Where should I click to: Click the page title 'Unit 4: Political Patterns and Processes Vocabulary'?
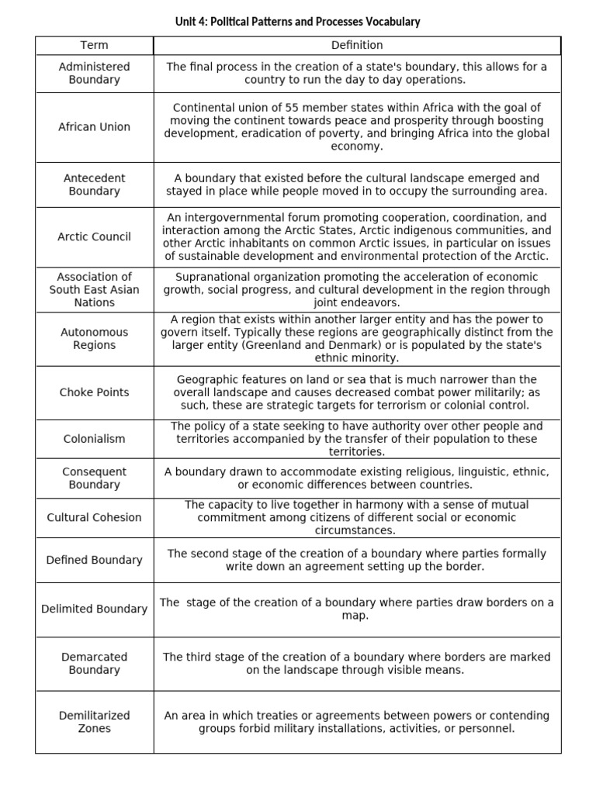pyautogui.click(x=298, y=22)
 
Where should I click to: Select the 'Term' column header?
pyautogui.click(x=94, y=46)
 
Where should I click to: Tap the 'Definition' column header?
pyautogui.click(x=357, y=46)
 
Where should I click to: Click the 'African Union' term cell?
pyautogui.click(x=94, y=127)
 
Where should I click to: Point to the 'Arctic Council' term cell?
pyautogui.click(x=94, y=237)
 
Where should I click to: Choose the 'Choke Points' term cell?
pyautogui.click(x=94, y=392)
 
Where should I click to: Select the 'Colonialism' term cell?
pyautogui.click(x=94, y=439)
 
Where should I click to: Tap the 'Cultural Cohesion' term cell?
pyautogui.click(x=94, y=518)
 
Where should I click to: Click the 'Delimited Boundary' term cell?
pyautogui.click(x=94, y=609)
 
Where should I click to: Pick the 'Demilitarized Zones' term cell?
pyautogui.click(x=94, y=722)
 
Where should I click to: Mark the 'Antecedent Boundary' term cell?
pyautogui.click(x=94, y=185)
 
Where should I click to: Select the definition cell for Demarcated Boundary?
pyautogui.click(x=357, y=664)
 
